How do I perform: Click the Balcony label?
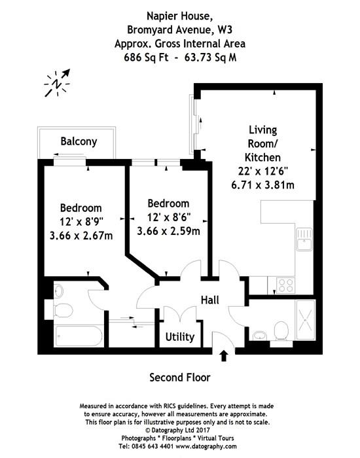(x=79, y=141)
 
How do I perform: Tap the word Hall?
(x=210, y=300)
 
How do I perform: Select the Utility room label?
(x=180, y=337)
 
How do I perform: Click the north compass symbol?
(x=58, y=83)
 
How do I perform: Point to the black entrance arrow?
(x=224, y=355)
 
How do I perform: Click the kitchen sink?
(x=304, y=239)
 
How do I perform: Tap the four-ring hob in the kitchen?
(x=285, y=285)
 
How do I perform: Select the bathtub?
(x=79, y=336)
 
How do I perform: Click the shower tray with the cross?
(x=306, y=320)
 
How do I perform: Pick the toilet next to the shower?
(x=281, y=331)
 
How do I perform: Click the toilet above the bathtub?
(x=63, y=310)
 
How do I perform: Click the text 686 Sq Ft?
(x=146, y=58)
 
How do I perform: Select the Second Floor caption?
(x=180, y=378)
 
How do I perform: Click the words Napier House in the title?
(x=179, y=16)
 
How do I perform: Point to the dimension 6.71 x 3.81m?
(x=262, y=185)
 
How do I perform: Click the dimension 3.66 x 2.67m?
(x=81, y=236)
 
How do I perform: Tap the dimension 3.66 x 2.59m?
(x=169, y=231)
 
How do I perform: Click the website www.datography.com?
(x=206, y=446)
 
